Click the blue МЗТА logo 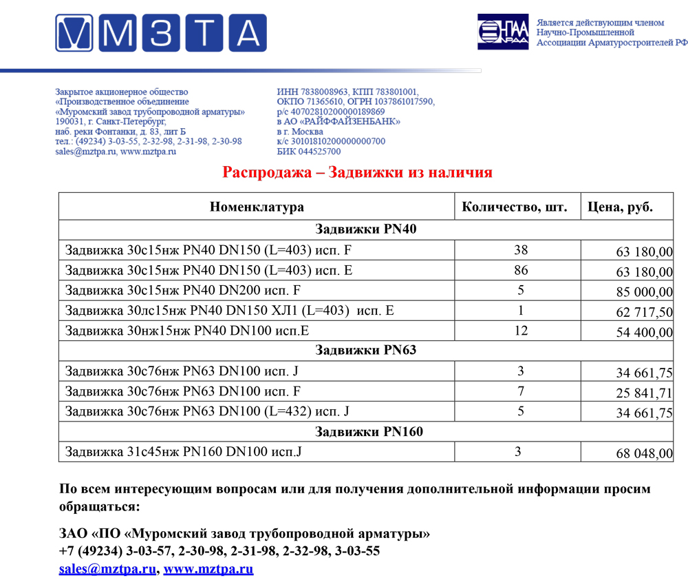[x=161, y=32]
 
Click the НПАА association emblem [x=503, y=32]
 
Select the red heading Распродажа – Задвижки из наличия [x=357, y=172]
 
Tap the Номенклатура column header [x=257, y=207]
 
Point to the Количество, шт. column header [x=515, y=207]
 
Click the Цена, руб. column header [x=620, y=207]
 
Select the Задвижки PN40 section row [x=365, y=230]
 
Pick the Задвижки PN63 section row [x=365, y=351]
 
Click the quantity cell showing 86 [x=521, y=271]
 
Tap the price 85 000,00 [x=645, y=292]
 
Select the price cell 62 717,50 [x=645, y=312]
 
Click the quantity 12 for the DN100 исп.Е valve [x=521, y=331]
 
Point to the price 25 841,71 [x=645, y=393]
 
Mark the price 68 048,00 [x=645, y=453]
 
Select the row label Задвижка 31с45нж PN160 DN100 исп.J [x=184, y=452]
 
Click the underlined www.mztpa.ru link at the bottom [x=208, y=570]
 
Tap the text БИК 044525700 [x=308, y=152]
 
